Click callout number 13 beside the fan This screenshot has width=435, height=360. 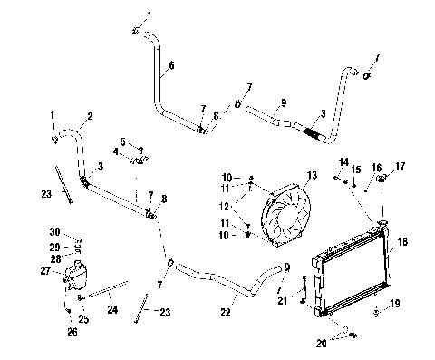[312, 175]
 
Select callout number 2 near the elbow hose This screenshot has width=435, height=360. [90, 117]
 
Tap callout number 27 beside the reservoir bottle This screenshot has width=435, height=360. [43, 270]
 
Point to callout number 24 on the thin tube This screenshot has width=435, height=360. [113, 308]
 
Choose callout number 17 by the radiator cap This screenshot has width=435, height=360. [401, 166]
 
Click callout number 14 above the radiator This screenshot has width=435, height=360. [343, 161]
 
